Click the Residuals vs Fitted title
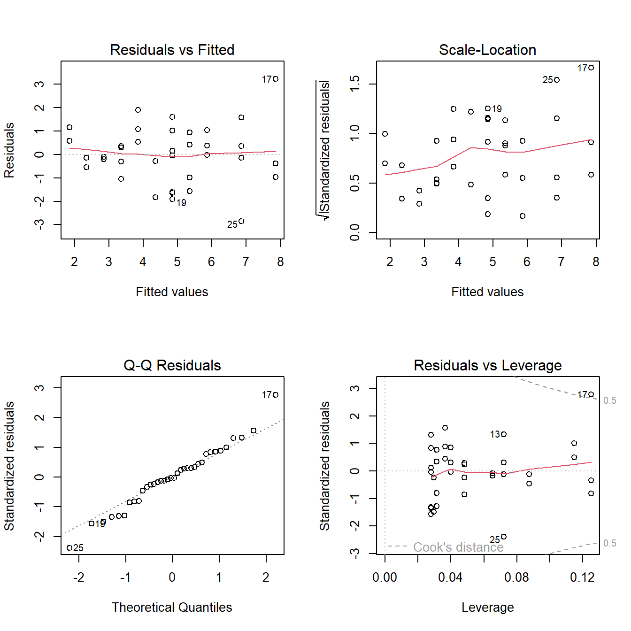coord(172,50)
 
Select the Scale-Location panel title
coord(487,50)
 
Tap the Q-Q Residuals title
coord(172,365)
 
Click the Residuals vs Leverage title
coord(487,365)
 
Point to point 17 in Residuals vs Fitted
coord(276,79)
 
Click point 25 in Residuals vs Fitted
coord(241,221)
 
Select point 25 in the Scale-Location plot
coord(557,80)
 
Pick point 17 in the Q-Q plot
coord(276,395)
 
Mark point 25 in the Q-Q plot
coord(69,547)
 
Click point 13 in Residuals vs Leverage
coord(504,434)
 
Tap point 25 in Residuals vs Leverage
coord(504,537)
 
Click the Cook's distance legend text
coord(458,547)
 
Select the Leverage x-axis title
coord(487,608)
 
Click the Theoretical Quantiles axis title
coord(172,608)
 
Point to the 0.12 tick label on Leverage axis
coord(582,577)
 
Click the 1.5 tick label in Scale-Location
coord(355,84)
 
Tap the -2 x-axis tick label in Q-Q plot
coord(78,577)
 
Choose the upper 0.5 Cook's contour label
coord(609,400)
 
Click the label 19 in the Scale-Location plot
coord(497,109)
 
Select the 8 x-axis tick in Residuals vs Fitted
coord(280,262)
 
